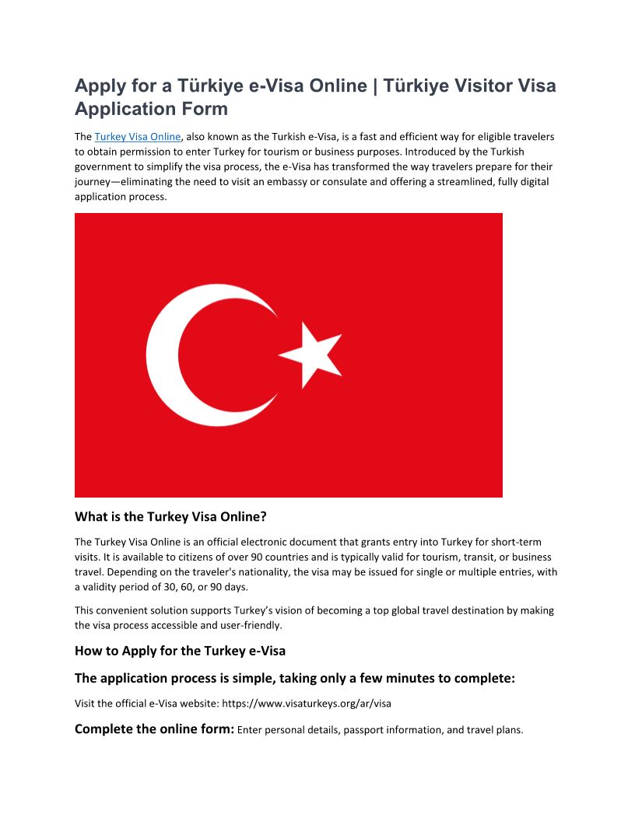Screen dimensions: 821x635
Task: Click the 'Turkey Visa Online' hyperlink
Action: point(138,137)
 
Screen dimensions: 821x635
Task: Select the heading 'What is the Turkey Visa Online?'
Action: point(170,516)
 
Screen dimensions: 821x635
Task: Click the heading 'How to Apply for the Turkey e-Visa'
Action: point(180,650)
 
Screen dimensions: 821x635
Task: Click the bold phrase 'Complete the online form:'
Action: point(154,729)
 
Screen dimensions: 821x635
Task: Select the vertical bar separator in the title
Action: point(375,86)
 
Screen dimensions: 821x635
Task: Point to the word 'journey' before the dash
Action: point(93,182)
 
